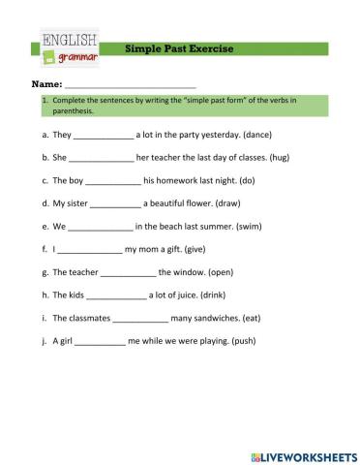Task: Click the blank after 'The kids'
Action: (116, 295)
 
